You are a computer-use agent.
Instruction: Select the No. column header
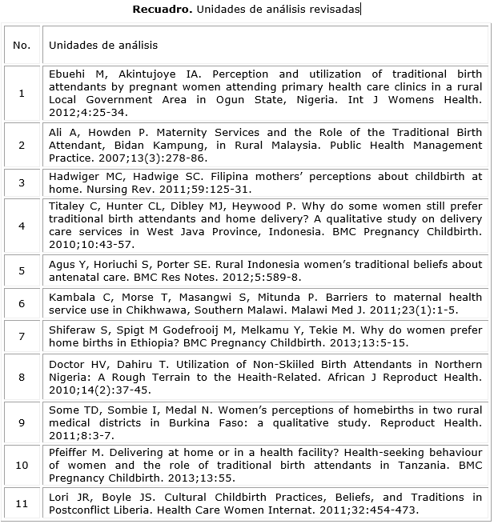pyautogui.click(x=22, y=46)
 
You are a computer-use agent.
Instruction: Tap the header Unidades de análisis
pyautogui.click(x=103, y=46)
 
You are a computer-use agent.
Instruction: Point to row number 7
pyautogui.click(x=22, y=336)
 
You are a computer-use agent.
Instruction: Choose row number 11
pyautogui.click(x=22, y=503)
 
